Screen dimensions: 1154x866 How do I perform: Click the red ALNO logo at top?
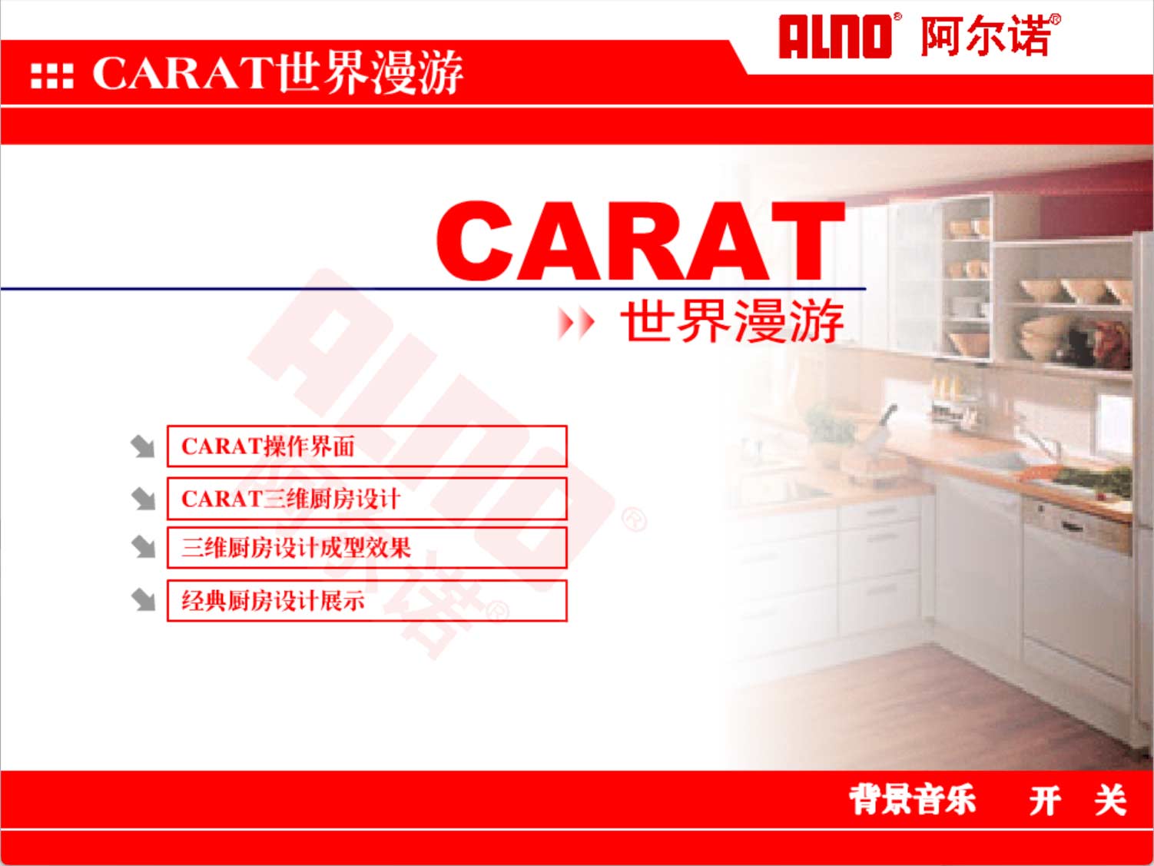coord(835,36)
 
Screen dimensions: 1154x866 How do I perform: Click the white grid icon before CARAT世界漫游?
coord(52,76)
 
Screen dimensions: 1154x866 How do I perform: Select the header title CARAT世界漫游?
coord(278,73)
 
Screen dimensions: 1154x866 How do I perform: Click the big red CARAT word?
coord(640,241)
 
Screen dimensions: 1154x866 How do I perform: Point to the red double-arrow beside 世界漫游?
coord(575,322)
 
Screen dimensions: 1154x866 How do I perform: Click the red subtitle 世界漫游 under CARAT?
coord(732,321)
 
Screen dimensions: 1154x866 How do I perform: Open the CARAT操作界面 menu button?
coord(367,446)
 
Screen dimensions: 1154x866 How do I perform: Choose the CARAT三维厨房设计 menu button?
coord(367,499)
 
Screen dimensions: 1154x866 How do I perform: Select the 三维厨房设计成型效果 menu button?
coord(367,548)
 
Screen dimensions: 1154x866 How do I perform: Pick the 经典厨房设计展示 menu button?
coord(367,600)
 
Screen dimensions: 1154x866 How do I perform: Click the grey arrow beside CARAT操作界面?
coord(143,446)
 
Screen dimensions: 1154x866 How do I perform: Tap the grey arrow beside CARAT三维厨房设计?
coord(143,499)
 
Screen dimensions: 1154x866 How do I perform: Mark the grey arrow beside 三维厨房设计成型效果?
coord(143,547)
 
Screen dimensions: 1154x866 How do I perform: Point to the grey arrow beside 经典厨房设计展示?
coord(143,600)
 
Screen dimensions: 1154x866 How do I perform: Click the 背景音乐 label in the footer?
coord(912,800)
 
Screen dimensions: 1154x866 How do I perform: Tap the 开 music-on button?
coord(1045,800)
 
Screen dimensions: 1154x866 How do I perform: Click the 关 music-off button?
coord(1110,800)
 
